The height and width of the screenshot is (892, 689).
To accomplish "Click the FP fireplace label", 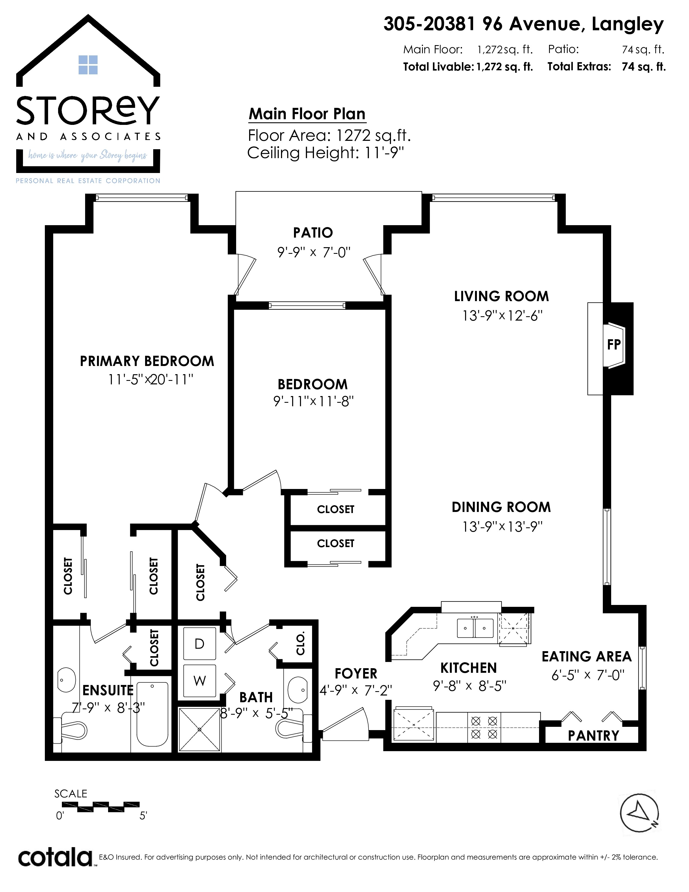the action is pos(614,345).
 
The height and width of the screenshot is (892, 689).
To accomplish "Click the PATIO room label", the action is pos(313,233).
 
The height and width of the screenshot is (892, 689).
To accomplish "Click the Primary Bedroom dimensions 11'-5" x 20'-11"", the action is pos(150,380).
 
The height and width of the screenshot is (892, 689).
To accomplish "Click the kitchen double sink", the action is pos(475,628).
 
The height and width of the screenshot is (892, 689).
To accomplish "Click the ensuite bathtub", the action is pos(152,714).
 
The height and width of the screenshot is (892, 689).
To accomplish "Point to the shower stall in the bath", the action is pos(200,730).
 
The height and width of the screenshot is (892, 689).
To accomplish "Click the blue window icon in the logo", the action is pos(88,65).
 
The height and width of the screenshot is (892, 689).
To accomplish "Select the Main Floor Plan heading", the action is pos(307,114).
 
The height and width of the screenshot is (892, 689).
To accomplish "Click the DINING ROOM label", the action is pos(501,507).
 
